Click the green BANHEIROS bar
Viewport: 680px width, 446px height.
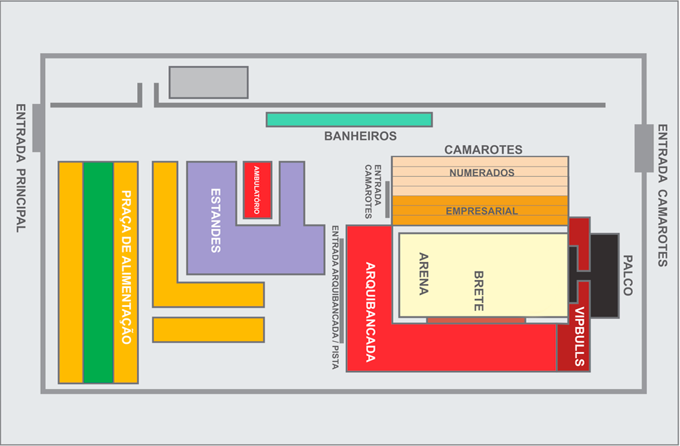(x=349, y=120)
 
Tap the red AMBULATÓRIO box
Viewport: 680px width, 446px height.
(x=257, y=190)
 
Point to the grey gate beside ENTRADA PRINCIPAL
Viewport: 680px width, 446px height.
(x=38, y=128)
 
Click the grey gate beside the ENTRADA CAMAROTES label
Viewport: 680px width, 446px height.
(x=644, y=148)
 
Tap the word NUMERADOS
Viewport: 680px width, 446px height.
(x=482, y=173)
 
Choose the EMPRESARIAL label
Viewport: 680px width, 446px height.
(x=482, y=211)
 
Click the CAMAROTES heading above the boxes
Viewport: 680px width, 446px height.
(x=483, y=150)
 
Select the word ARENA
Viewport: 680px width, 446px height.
(x=424, y=274)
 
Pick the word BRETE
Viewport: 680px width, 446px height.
(x=478, y=291)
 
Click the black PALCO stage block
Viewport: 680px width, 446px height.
(x=603, y=275)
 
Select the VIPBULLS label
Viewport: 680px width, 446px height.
(x=579, y=337)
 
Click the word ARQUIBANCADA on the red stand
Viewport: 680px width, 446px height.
(x=370, y=312)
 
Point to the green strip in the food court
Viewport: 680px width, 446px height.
(x=98, y=272)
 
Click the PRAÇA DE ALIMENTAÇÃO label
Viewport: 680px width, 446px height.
(x=126, y=267)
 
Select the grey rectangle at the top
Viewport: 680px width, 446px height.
(x=208, y=82)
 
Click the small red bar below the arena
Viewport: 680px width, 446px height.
(x=476, y=320)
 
